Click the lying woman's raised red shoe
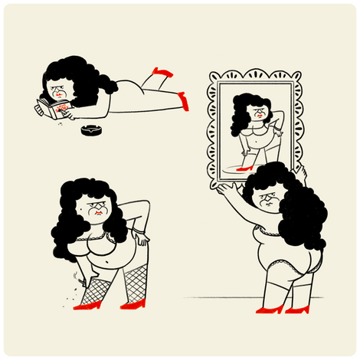pos(162,73)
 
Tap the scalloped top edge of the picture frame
pos(254,74)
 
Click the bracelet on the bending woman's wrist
pos(137,229)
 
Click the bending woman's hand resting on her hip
pos(142,239)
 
